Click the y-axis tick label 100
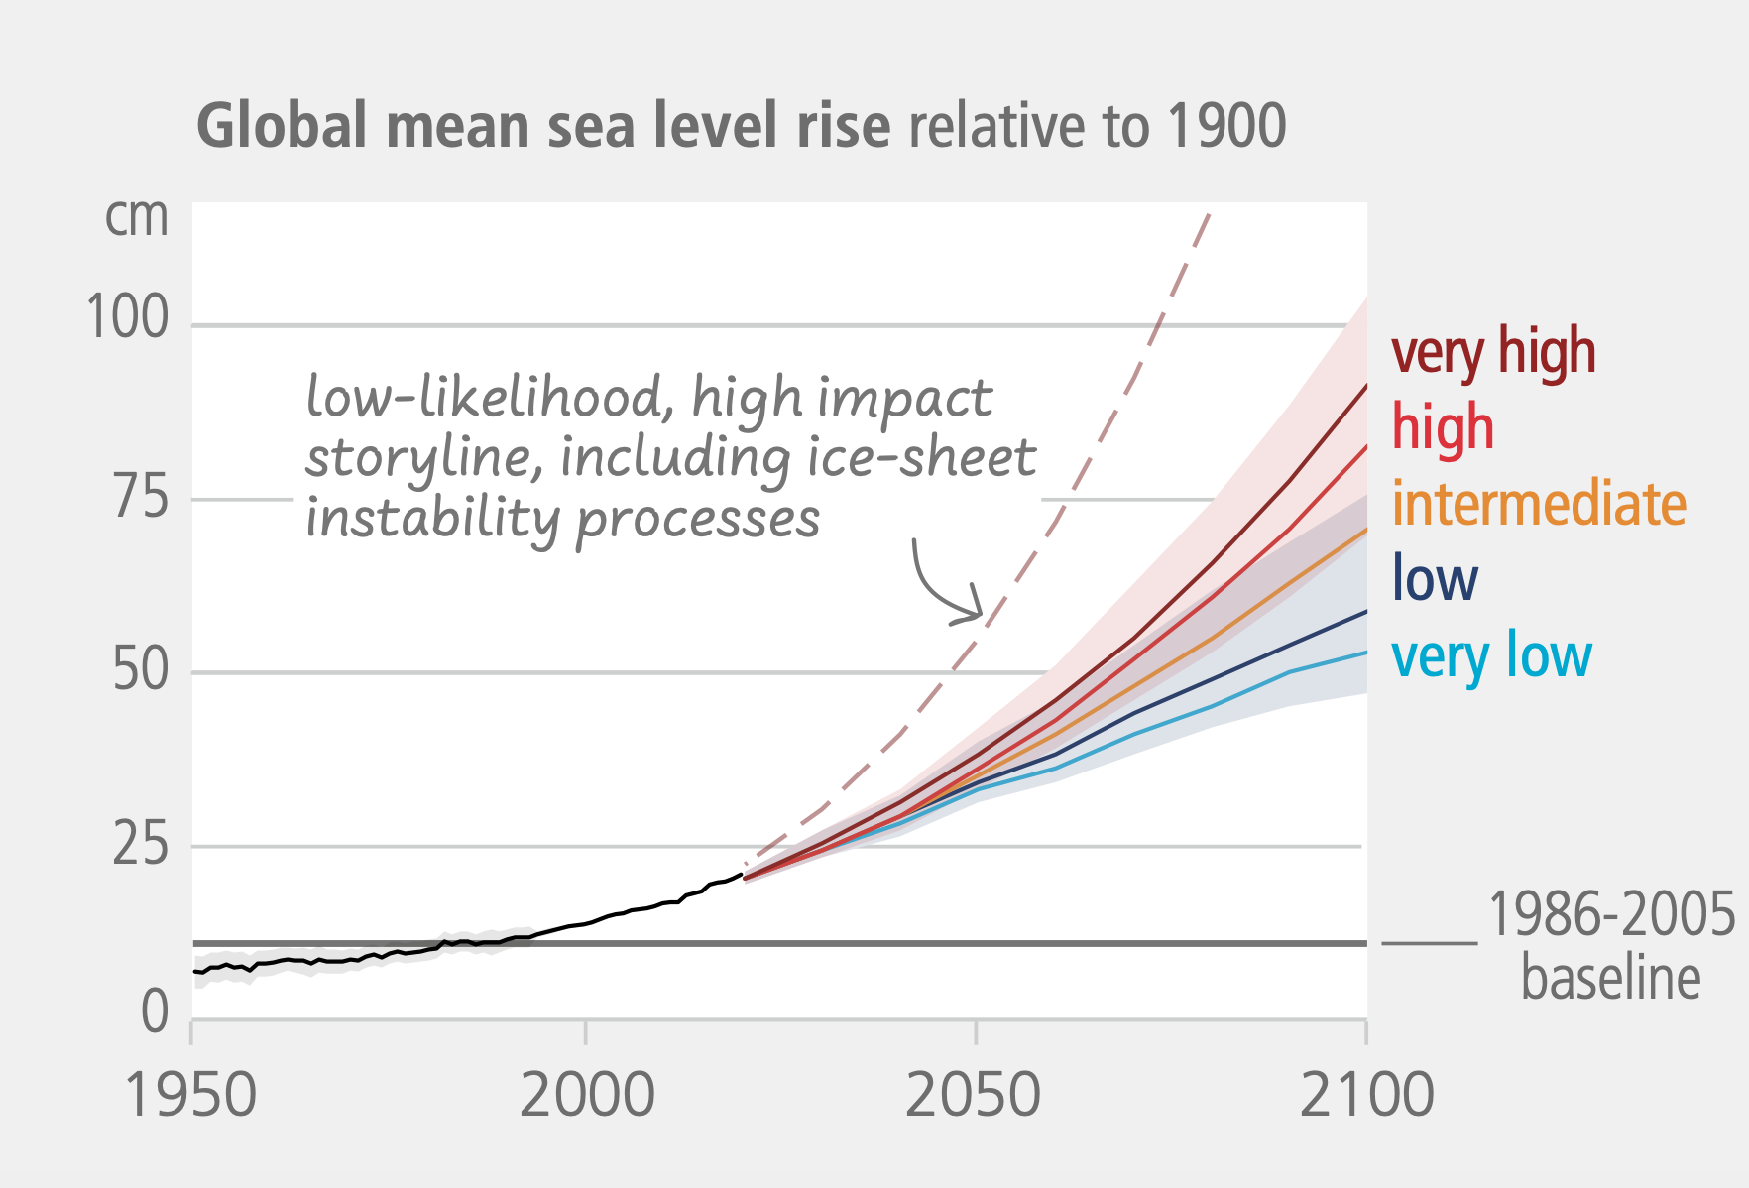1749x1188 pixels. pos(128,318)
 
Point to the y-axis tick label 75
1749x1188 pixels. pos(140,496)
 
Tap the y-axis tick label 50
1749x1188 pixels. pos(140,670)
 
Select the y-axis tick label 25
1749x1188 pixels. pos(140,845)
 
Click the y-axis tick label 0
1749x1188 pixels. pos(155,1012)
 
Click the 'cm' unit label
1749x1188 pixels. pos(137,217)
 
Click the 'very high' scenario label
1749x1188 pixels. pos(1493,352)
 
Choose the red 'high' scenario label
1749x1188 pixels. pos(1443,427)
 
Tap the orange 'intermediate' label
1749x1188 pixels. pos(1539,504)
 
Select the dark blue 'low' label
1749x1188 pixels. pos(1435,579)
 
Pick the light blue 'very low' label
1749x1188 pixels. pos(1491,655)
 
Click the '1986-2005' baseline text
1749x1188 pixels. pos(1611,914)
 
